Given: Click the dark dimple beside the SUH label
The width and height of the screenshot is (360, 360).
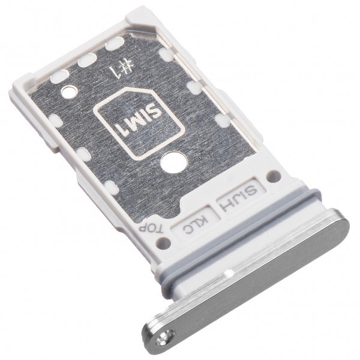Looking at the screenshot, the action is point(273,176).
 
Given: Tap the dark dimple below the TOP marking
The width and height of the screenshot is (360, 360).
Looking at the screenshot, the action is point(163,242).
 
